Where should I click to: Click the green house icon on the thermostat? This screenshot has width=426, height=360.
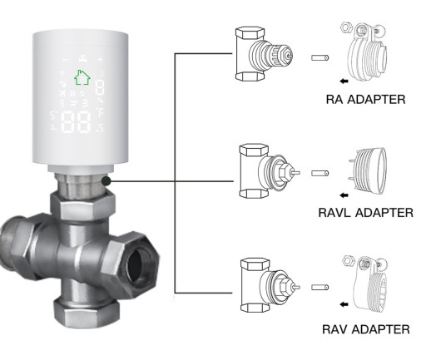tap(82, 77)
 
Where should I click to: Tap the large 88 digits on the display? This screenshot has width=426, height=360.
tap(76, 121)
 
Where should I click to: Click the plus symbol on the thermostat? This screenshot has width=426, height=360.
tap(100, 59)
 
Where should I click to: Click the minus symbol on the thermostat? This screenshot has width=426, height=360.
tap(65, 59)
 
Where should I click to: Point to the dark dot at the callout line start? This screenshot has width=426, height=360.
tap(106, 181)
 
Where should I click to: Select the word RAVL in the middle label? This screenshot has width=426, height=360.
tap(335, 213)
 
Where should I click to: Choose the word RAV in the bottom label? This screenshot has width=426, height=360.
tap(334, 329)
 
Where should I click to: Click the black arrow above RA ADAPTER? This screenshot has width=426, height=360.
tap(344, 81)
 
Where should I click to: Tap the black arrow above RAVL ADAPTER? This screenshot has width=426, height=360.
tap(344, 195)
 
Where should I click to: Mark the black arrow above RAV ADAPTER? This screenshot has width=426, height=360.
tap(344, 304)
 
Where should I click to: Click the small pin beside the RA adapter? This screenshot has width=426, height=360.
tap(319, 58)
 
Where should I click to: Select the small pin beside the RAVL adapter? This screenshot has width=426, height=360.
tap(319, 173)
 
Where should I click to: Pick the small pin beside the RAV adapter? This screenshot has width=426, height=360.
tap(319, 288)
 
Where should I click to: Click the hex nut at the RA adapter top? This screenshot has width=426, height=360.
tap(345, 27)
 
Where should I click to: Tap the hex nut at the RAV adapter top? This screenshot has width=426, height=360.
tap(348, 260)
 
